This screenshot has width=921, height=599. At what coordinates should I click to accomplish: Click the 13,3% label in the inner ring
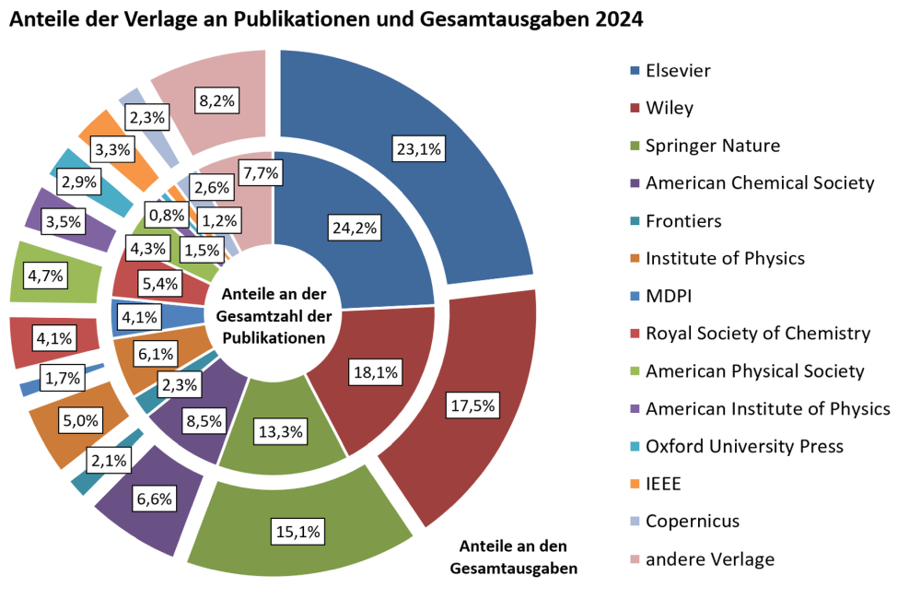point(281,431)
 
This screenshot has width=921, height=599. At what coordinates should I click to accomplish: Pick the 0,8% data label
point(168,215)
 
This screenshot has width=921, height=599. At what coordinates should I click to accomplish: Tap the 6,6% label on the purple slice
point(153,499)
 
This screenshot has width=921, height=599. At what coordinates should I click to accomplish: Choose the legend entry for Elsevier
point(678,70)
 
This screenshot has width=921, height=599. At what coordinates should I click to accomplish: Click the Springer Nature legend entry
point(712,146)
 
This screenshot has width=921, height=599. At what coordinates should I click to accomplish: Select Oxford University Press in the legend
point(744,446)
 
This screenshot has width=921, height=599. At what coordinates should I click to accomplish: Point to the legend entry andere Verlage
point(709,559)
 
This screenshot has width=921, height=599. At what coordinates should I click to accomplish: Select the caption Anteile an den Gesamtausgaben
point(513,556)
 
